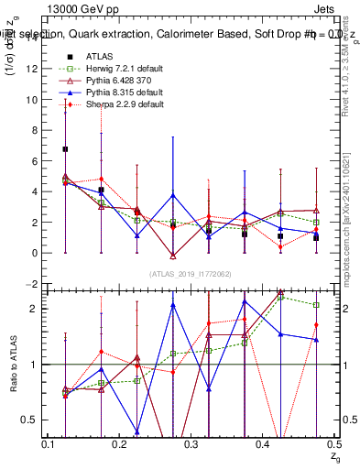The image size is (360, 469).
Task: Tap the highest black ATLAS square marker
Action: point(65,148)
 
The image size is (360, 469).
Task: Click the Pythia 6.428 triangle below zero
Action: point(172,255)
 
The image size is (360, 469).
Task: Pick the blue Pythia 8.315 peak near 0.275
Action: point(172,195)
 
